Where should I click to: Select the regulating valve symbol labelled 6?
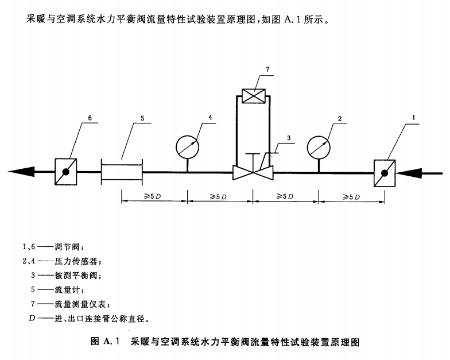[67, 171]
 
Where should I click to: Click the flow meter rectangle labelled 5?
[122, 171]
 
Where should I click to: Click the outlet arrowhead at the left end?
[26, 171]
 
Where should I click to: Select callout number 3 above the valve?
[289, 138]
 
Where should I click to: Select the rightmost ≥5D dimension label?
[351, 196]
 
